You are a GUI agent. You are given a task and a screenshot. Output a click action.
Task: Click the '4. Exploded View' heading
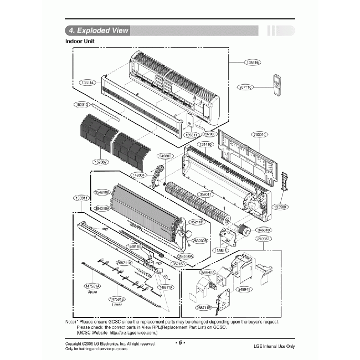tap(97, 30)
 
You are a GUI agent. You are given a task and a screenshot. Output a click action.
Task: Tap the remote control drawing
tap(278, 85)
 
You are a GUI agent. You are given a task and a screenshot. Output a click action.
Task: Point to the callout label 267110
tap(246, 87)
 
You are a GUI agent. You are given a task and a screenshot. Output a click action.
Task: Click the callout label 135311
tap(81, 198)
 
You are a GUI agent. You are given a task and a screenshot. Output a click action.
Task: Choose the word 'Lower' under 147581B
tap(117, 305)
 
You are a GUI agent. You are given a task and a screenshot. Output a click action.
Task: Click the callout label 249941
tap(244, 289)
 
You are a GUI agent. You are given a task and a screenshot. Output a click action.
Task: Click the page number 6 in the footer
tap(180, 342)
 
